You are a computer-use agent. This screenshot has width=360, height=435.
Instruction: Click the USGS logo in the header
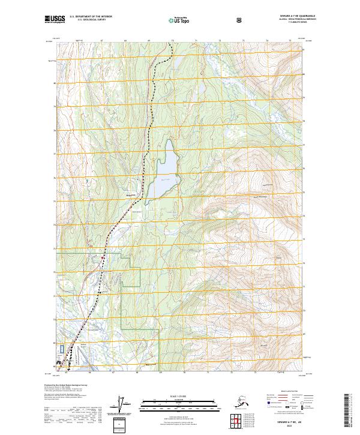click(55, 19)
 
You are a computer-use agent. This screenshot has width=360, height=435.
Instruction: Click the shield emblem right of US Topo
click(239, 19)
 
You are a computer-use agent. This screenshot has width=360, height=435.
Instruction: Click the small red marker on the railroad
click(103, 257)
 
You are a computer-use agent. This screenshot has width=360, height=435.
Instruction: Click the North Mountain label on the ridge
click(260, 196)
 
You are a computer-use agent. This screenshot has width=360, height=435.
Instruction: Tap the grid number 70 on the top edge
click(173, 41)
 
